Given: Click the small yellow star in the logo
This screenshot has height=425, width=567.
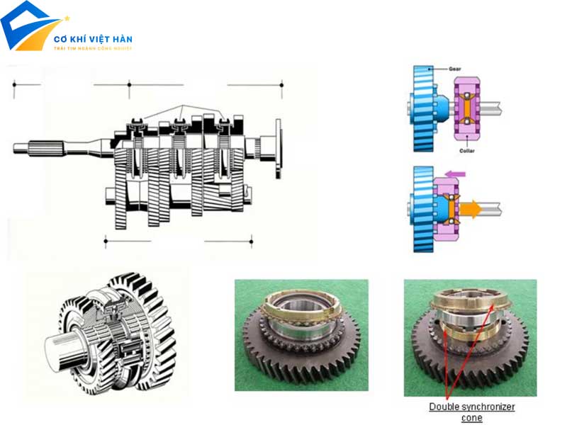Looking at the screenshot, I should (x=67, y=18).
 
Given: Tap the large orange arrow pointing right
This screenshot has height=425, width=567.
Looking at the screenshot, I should (x=470, y=210).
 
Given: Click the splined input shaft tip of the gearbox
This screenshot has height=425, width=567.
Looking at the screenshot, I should (x=28, y=147).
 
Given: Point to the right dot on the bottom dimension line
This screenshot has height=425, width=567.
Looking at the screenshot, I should (x=251, y=242).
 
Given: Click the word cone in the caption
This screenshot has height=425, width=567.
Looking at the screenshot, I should (x=471, y=417).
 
